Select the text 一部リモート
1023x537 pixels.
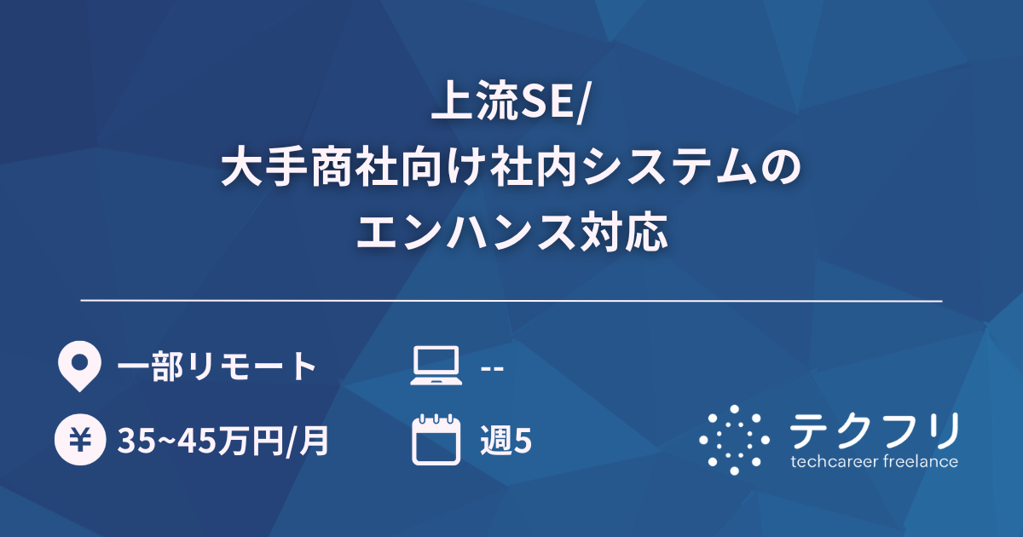coord(217,367)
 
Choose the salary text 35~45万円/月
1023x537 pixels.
coord(223,442)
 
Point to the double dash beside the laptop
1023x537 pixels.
coord(493,368)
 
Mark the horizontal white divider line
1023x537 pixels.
coord(511,301)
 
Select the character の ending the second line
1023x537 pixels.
coord(782,169)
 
